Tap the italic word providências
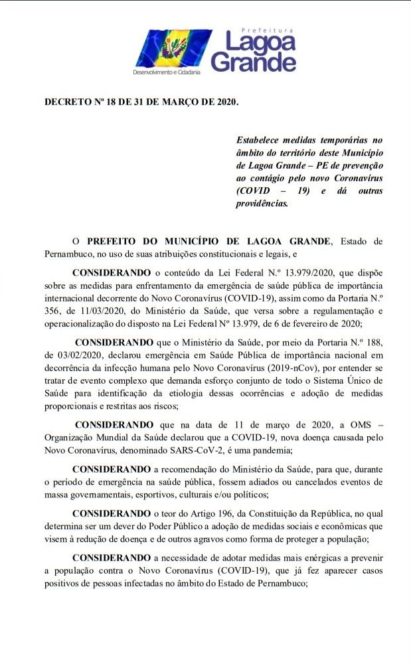coord(263,204)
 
